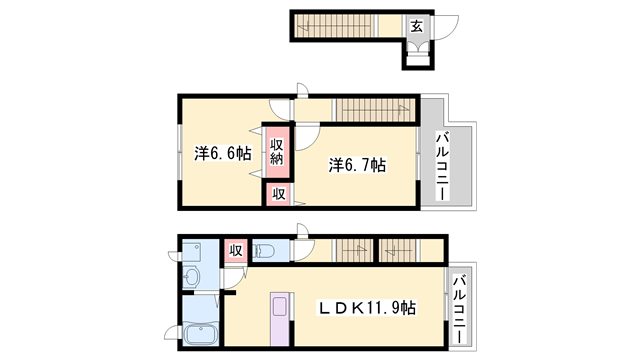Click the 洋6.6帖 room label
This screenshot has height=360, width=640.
coord(222,153)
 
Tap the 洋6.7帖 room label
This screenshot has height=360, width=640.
coord(357,164)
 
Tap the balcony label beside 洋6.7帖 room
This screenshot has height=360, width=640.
coord(441,160)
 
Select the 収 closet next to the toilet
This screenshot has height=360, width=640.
coord(236,250)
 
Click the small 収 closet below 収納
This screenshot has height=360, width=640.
coord(278,194)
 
